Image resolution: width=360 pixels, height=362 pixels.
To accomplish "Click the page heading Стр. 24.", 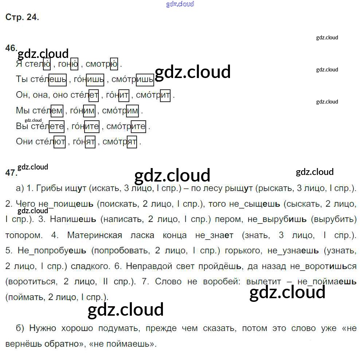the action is (x=22, y=17).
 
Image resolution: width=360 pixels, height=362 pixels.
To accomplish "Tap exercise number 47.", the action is (x=11, y=173).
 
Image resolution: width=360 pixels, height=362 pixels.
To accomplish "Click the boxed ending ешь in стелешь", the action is (x=58, y=79).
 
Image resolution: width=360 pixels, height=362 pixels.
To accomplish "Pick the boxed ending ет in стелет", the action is (x=93, y=96).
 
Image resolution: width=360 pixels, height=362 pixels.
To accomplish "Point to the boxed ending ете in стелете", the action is (x=56, y=126).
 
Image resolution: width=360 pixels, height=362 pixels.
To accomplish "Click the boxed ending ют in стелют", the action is (x=59, y=142).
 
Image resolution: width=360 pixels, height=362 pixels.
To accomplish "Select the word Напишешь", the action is (x=73, y=219).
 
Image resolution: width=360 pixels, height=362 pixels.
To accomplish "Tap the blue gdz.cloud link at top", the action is (x=180, y=4).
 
